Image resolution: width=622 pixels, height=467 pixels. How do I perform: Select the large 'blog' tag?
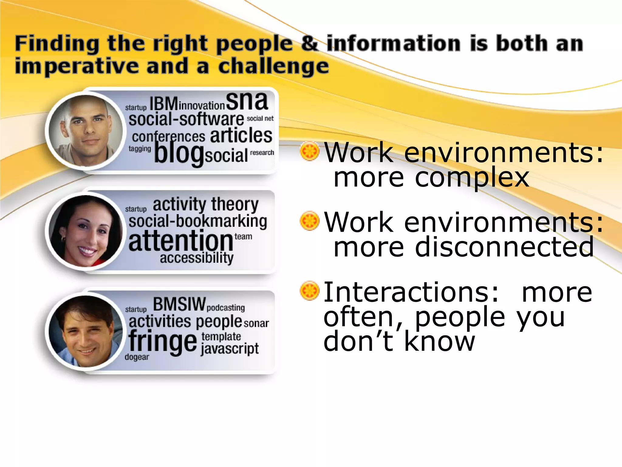179,154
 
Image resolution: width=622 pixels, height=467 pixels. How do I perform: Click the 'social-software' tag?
186,119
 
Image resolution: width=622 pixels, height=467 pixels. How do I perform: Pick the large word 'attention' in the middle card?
181,241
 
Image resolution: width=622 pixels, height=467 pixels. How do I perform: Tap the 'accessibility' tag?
197,258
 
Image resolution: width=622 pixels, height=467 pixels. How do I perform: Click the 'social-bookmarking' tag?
198,221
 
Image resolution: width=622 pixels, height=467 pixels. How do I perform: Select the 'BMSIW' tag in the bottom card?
179,304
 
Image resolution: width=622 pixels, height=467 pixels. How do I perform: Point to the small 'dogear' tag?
137,357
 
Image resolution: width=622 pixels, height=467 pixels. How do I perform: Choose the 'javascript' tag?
230,349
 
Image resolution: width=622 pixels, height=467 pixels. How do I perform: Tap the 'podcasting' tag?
226,308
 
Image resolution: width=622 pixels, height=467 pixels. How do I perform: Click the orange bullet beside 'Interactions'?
309,290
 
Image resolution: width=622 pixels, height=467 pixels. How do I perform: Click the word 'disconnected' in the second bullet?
504,247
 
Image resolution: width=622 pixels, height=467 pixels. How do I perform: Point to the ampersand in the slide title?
310,43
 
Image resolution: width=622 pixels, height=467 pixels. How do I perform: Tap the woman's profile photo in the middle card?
86,231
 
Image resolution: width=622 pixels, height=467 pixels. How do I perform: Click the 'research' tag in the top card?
262,152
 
